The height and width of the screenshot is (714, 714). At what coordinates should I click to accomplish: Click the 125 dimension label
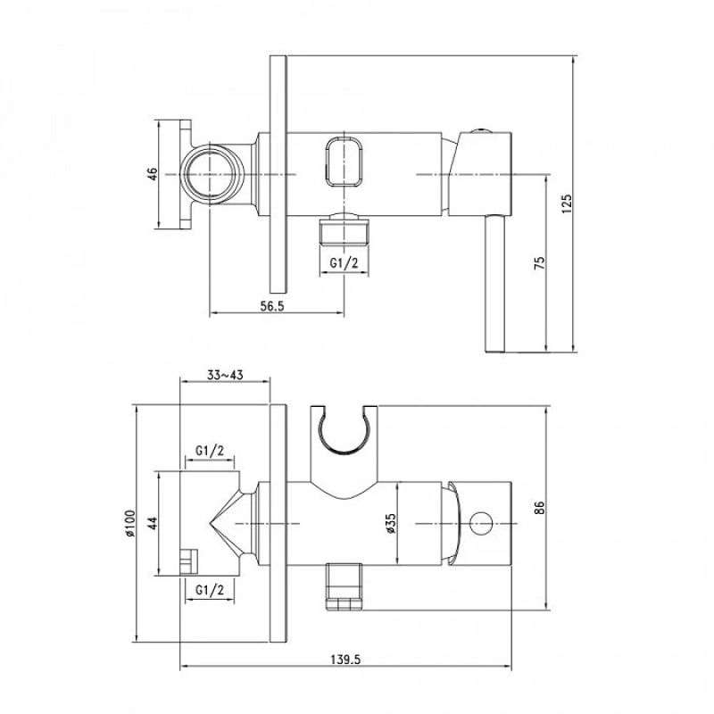(567, 203)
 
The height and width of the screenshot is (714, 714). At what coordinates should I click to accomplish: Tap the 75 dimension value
(539, 262)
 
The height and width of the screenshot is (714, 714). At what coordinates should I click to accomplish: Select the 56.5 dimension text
(272, 306)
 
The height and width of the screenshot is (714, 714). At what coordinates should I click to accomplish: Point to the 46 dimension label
(152, 174)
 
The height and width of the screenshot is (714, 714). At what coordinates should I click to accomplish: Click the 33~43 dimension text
(225, 375)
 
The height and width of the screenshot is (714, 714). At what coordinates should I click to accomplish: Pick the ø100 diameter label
(129, 523)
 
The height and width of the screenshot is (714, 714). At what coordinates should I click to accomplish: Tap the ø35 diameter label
(391, 523)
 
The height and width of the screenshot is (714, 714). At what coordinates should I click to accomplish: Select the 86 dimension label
(539, 507)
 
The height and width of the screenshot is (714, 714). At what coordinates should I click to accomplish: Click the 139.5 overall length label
(345, 660)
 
